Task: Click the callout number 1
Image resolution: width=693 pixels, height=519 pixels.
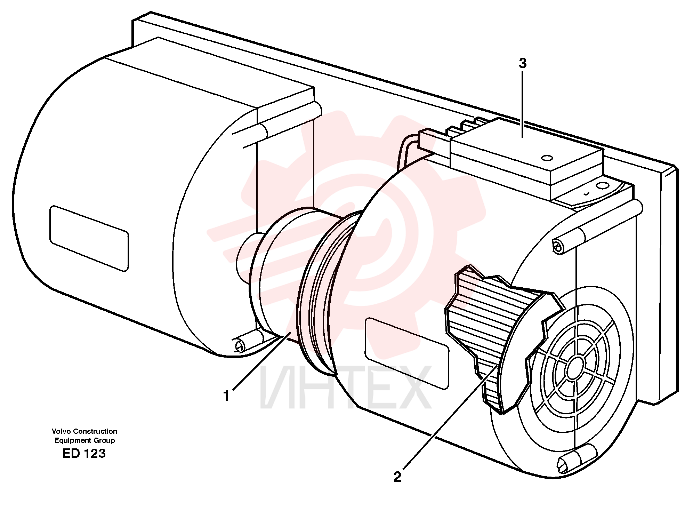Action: [227, 396]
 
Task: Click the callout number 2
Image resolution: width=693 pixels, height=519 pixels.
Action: [397, 477]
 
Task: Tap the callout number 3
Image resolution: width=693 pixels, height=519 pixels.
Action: [523, 63]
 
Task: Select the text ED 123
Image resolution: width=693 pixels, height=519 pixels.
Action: [84, 454]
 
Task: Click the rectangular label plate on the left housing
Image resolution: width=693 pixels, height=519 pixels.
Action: [89, 238]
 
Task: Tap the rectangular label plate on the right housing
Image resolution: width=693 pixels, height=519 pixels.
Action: [407, 353]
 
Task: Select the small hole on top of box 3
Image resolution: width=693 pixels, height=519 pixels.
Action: [547, 158]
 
